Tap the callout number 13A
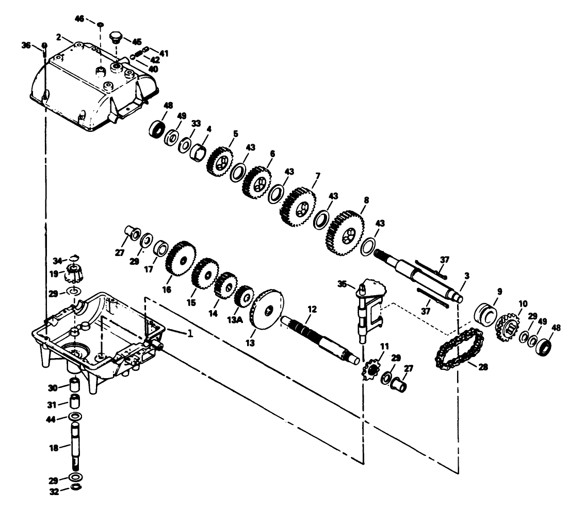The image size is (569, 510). (x=239, y=311)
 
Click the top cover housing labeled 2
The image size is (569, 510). (x=93, y=88)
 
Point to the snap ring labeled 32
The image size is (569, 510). (x=75, y=488)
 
